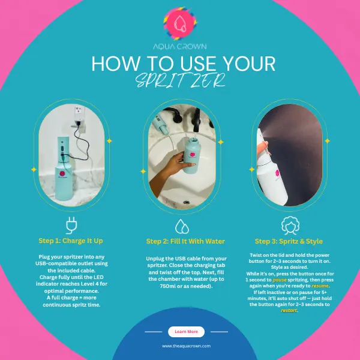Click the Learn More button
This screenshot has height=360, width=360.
tap(186, 332)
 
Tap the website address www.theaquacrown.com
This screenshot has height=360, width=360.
tap(186, 346)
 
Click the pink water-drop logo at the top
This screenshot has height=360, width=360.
tap(180, 23)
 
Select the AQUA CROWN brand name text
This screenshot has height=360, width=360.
tap(180, 47)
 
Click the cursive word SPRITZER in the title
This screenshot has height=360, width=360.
tap(181, 80)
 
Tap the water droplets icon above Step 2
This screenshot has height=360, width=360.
tap(182, 226)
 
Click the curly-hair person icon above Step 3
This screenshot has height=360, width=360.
tap(290, 226)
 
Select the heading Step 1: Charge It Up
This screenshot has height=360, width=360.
tap(71, 241)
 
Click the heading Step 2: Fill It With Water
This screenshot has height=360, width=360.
tap(185, 241)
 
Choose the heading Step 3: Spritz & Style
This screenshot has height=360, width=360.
tap(289, 241)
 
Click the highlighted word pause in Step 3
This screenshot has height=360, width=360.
tap(280, 280)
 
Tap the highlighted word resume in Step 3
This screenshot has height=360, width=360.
tap(320, 286)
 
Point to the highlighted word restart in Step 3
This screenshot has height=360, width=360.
tap(289, 310)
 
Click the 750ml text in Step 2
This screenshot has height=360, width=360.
tap(168, 286)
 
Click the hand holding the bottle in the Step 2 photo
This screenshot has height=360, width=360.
tap(170, 170)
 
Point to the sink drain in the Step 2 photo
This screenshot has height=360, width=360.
tap(186, 202)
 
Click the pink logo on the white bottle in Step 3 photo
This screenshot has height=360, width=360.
tap(277, 173)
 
